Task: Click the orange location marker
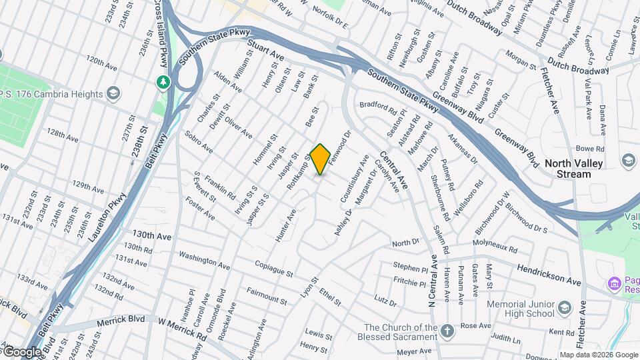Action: (321, 159)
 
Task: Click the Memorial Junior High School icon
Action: (565, 307)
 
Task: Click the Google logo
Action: (21, 351)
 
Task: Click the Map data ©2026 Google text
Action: (598, 355)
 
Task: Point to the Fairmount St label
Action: (266, 296)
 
